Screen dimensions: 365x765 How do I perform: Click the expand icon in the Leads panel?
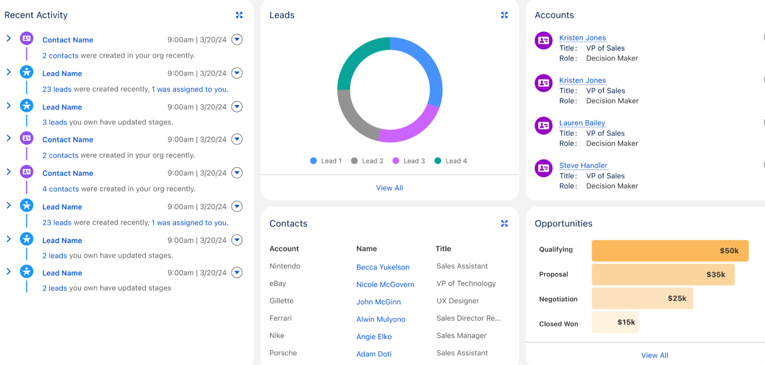[504, 15]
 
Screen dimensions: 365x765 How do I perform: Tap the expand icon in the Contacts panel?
[504, 223]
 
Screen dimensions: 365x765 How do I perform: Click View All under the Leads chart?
[389, 188]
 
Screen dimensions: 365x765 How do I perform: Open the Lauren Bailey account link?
[582, 123]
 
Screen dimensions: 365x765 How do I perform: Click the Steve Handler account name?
[583, 165]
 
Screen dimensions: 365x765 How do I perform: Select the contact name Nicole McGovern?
[385, 284]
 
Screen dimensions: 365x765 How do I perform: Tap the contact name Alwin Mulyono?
[380, 319]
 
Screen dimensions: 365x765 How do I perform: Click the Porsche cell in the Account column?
[283, 353]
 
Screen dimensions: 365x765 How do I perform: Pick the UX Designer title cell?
[458, 301]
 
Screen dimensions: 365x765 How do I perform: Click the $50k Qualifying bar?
[670, 251]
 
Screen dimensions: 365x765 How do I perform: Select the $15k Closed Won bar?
[615, 322]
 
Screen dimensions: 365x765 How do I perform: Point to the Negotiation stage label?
[558, 299]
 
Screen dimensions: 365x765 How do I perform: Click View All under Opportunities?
[654, 355]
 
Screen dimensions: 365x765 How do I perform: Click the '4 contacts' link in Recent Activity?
[60, 189]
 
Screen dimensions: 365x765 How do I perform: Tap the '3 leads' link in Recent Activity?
[55, 122]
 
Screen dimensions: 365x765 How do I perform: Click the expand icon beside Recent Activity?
[239, 15]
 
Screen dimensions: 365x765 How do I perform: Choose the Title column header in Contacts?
[443, 249]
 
